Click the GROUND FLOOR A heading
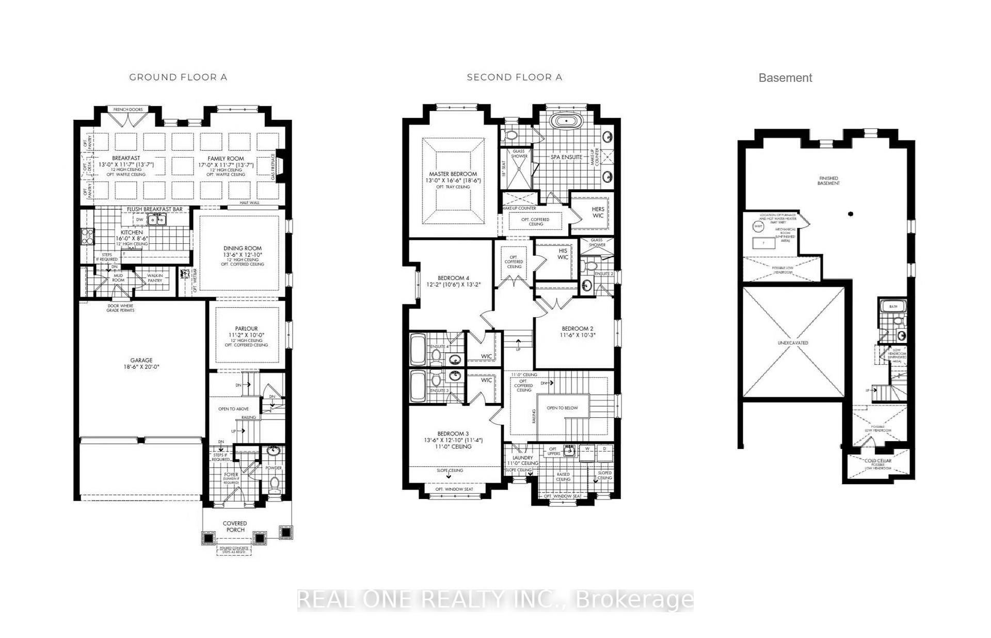point(178,77)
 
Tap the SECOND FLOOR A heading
point(514,77)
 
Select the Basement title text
point(785,78)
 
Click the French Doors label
point(128,110)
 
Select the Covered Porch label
point(235,526)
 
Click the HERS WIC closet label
point(598,212)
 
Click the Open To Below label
point(562,408)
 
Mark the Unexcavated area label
point(793,343)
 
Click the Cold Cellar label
point(877,461)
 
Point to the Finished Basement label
point(828,181)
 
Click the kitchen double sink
point(156,220)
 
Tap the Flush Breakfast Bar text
point(154,209)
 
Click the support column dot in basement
point(851,214)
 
